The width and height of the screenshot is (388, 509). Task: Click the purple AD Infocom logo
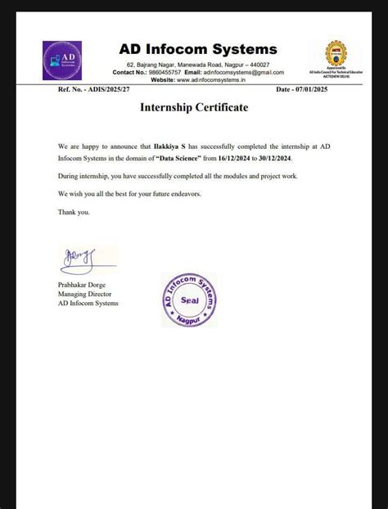tap(62, 60)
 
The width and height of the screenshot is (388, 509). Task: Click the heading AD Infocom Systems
tap(197, 49)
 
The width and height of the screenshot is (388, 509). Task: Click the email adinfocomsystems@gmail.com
tap(245, 72)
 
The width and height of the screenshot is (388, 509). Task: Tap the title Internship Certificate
tap(194, 107)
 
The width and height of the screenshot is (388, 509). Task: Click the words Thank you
tap(74, 212)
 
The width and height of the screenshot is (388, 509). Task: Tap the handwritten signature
tap(78, 260)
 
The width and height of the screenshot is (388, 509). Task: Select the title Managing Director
tap(84, 293)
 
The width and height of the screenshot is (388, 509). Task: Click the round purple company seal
tap(189, 300)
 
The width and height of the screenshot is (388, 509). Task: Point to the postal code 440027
tap(259, 64)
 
